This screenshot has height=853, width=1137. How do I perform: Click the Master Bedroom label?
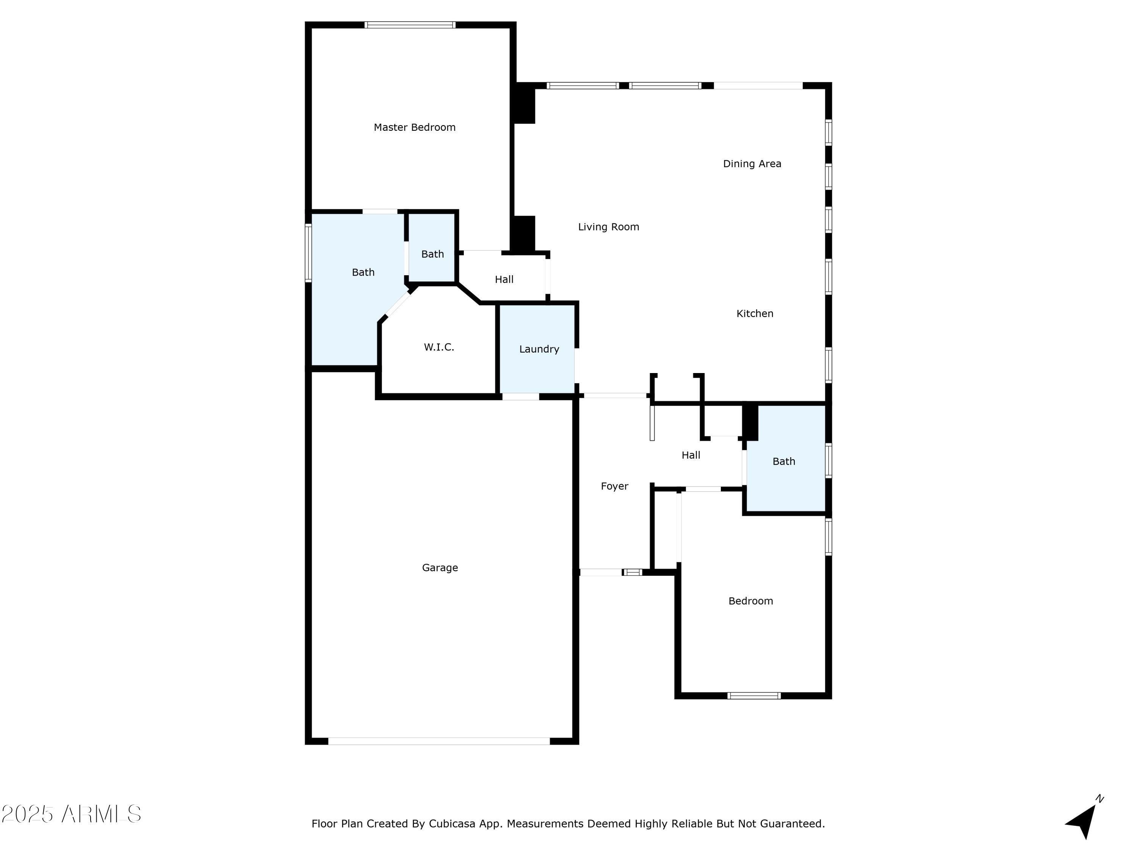(x=414, y=127)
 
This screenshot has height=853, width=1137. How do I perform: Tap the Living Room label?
(x=609, y=227)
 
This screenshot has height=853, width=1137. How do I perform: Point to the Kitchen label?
(x=755, y=314)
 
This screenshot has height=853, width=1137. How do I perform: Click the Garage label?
(x=440, y=568)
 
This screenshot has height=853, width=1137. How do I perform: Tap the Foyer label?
(x=615, y=486)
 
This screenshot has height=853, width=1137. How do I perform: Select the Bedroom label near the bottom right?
(x=750, y=601)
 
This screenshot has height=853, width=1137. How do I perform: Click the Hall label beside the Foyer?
(x=691, y=455)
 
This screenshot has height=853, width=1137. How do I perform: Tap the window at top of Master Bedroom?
(x=410, y=25)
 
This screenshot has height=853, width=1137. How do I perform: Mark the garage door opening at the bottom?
(x=439, y=741)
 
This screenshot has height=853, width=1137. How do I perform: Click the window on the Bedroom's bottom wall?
(x=754, y=696)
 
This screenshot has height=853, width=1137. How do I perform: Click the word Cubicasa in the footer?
(x=451, y=824)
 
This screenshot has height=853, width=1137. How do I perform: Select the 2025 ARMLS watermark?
(x=72, y=814)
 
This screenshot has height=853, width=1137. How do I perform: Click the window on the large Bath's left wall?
(x=309, y=253)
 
